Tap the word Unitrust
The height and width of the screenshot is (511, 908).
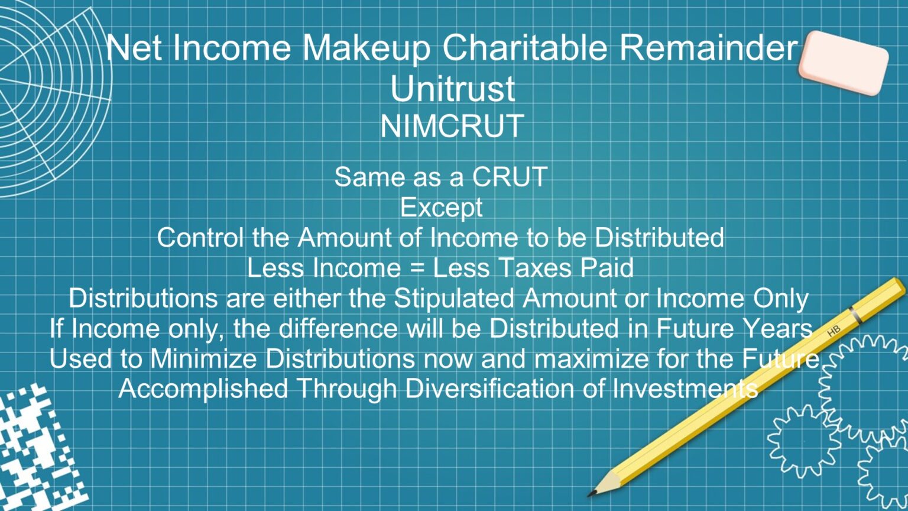click(x=452, y=89)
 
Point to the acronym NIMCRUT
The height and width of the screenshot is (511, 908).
click(x=452, y=126)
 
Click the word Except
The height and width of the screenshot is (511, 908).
click(x=441, y=208)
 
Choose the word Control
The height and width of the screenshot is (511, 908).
click(x=200, y=238)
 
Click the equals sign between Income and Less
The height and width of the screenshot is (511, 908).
click(x=417, y=269)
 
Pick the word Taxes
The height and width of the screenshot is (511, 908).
click(x=533, y=268)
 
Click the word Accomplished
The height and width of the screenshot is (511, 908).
click(x=203, y=389)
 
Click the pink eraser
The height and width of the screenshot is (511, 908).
click(x=843, y=63)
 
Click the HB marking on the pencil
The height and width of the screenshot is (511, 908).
click(x=834, y=332)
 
